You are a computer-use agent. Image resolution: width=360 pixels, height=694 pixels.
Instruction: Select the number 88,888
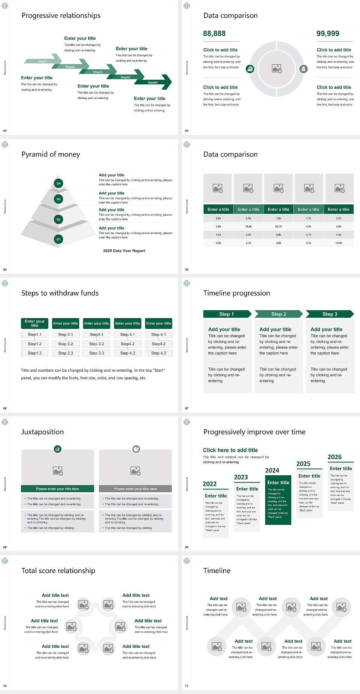point(214,34)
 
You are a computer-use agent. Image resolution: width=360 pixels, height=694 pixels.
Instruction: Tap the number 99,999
point(328,34)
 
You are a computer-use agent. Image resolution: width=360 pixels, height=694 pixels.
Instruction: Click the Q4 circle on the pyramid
point(58,183)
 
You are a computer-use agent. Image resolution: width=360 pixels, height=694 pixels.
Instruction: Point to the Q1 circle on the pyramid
point(58,239)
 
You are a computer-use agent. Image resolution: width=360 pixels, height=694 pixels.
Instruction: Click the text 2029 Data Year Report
point(124,251)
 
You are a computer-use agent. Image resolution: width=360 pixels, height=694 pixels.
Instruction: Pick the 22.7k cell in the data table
point(278,227)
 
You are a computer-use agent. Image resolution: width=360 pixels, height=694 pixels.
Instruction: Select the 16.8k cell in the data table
point(248,227)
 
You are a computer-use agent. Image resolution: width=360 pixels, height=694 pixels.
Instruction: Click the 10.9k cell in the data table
point(339,243)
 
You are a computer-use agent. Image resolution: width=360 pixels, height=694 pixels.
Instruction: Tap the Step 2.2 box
point(66,344)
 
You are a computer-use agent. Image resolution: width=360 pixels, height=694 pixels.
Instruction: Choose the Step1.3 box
point(34,353)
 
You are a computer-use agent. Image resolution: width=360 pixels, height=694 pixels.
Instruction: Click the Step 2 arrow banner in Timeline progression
point(279,314)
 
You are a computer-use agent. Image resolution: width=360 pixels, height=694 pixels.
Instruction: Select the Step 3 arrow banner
point(330,314)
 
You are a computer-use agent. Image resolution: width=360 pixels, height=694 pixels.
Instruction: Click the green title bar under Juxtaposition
point(57,489)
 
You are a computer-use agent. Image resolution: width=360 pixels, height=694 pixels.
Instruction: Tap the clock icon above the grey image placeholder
point(136,449)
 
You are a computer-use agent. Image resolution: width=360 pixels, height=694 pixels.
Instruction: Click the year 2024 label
point(272,470)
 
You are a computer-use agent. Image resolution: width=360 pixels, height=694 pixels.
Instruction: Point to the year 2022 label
point(210,484)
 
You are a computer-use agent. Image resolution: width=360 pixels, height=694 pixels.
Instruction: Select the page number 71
point(187,686)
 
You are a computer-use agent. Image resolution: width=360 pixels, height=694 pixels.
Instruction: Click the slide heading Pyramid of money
point(51,155)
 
